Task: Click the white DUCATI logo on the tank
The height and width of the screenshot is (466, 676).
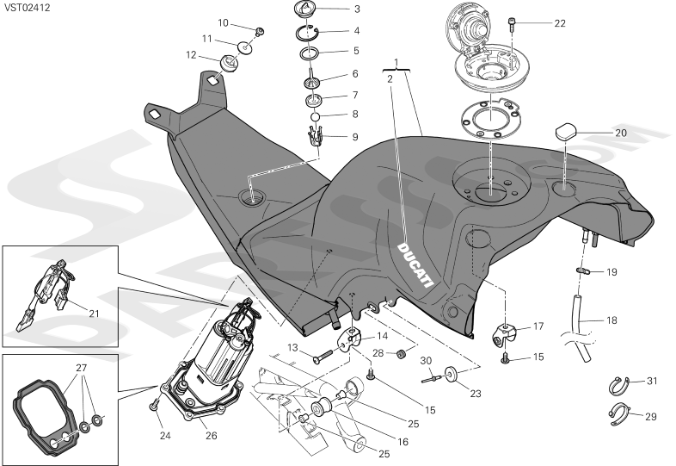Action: coord(415,264)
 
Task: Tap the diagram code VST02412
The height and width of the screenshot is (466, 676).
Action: coord(28,8)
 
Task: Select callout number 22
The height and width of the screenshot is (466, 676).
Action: coord(560,23)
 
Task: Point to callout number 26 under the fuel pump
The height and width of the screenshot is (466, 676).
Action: coord(212,435)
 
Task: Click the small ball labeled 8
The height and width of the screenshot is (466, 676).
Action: coord(315,116)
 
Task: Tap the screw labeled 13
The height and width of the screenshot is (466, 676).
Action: coord(322,356)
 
